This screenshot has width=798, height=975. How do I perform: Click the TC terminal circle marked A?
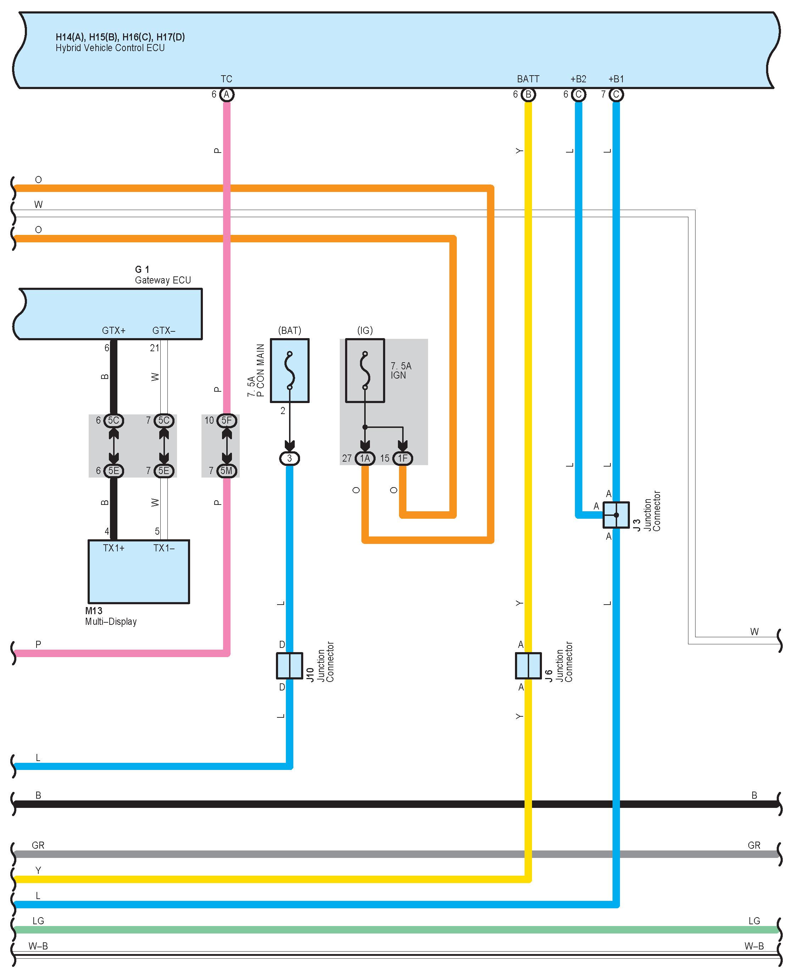click(226, 95)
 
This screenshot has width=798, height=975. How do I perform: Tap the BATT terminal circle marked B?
click(528, 95)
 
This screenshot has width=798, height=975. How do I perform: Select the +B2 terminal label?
click(578, 79)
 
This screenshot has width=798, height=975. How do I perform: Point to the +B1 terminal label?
click(616, 79)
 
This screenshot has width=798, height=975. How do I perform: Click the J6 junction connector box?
click(528, 666)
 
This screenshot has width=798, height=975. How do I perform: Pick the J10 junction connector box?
click(290, 666)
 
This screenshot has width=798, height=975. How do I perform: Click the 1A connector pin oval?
click(365, 458)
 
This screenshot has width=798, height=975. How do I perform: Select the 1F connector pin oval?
click(403, 458)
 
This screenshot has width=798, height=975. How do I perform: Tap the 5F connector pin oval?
click(227, 420)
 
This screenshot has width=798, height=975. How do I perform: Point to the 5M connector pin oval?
click(227, 470)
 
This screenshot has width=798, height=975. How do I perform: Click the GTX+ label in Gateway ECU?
click(113, 331)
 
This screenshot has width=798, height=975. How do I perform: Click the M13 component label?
click(94, 611)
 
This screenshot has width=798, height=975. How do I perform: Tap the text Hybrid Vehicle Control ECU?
click(110, 48)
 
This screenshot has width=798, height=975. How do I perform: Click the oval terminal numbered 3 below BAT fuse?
click(290, 458)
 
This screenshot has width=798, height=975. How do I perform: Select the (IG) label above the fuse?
click(365, 330)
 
